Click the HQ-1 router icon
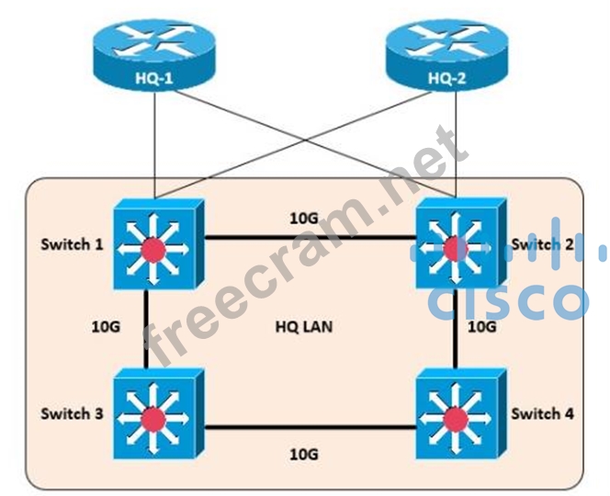(155, 56)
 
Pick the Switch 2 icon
(454, 244)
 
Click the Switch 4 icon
(454, 416)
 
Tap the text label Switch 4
(543, 413)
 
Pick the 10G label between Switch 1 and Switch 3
(107, 327)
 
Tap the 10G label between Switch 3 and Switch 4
(304, 454)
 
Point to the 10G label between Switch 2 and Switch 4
(481, 327)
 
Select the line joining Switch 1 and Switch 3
(146, 327)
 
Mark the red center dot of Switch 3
(153, 420)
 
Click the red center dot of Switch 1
(153, 247)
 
